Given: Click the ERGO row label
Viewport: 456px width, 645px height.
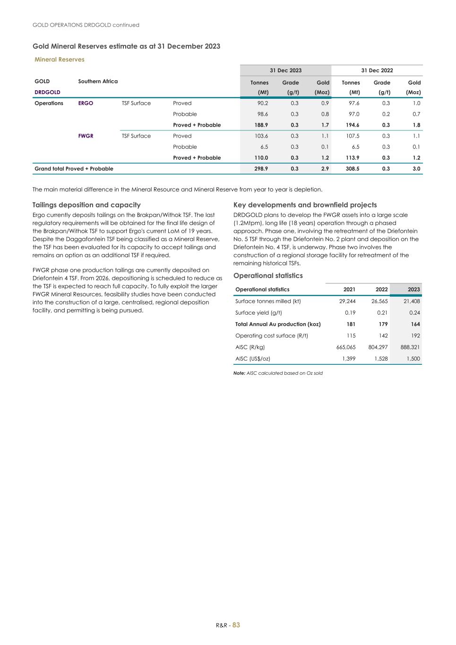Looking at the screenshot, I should [86, 103].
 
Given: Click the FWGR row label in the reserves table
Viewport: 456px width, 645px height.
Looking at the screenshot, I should [86, 136].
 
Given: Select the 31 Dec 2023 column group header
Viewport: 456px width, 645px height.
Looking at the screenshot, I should [285, 70].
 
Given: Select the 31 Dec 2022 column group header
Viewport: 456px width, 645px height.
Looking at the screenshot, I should [377, 70].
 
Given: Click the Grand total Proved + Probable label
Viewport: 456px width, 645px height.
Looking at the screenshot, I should [74, 169].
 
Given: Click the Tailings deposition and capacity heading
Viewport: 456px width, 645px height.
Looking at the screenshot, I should [86, 205].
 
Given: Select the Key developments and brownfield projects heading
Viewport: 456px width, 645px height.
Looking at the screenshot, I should [305, 205].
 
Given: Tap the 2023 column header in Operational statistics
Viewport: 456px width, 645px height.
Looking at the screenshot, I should [413, 290].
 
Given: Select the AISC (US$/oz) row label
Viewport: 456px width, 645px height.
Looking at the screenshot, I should [253, 359].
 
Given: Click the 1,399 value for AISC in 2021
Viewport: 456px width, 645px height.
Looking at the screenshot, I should [348, 359].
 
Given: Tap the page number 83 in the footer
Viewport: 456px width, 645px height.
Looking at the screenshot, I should [236, 625].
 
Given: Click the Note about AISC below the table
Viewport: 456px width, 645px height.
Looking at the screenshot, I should [278, 373].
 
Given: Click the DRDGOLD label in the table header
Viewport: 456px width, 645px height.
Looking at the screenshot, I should [47, 92].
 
